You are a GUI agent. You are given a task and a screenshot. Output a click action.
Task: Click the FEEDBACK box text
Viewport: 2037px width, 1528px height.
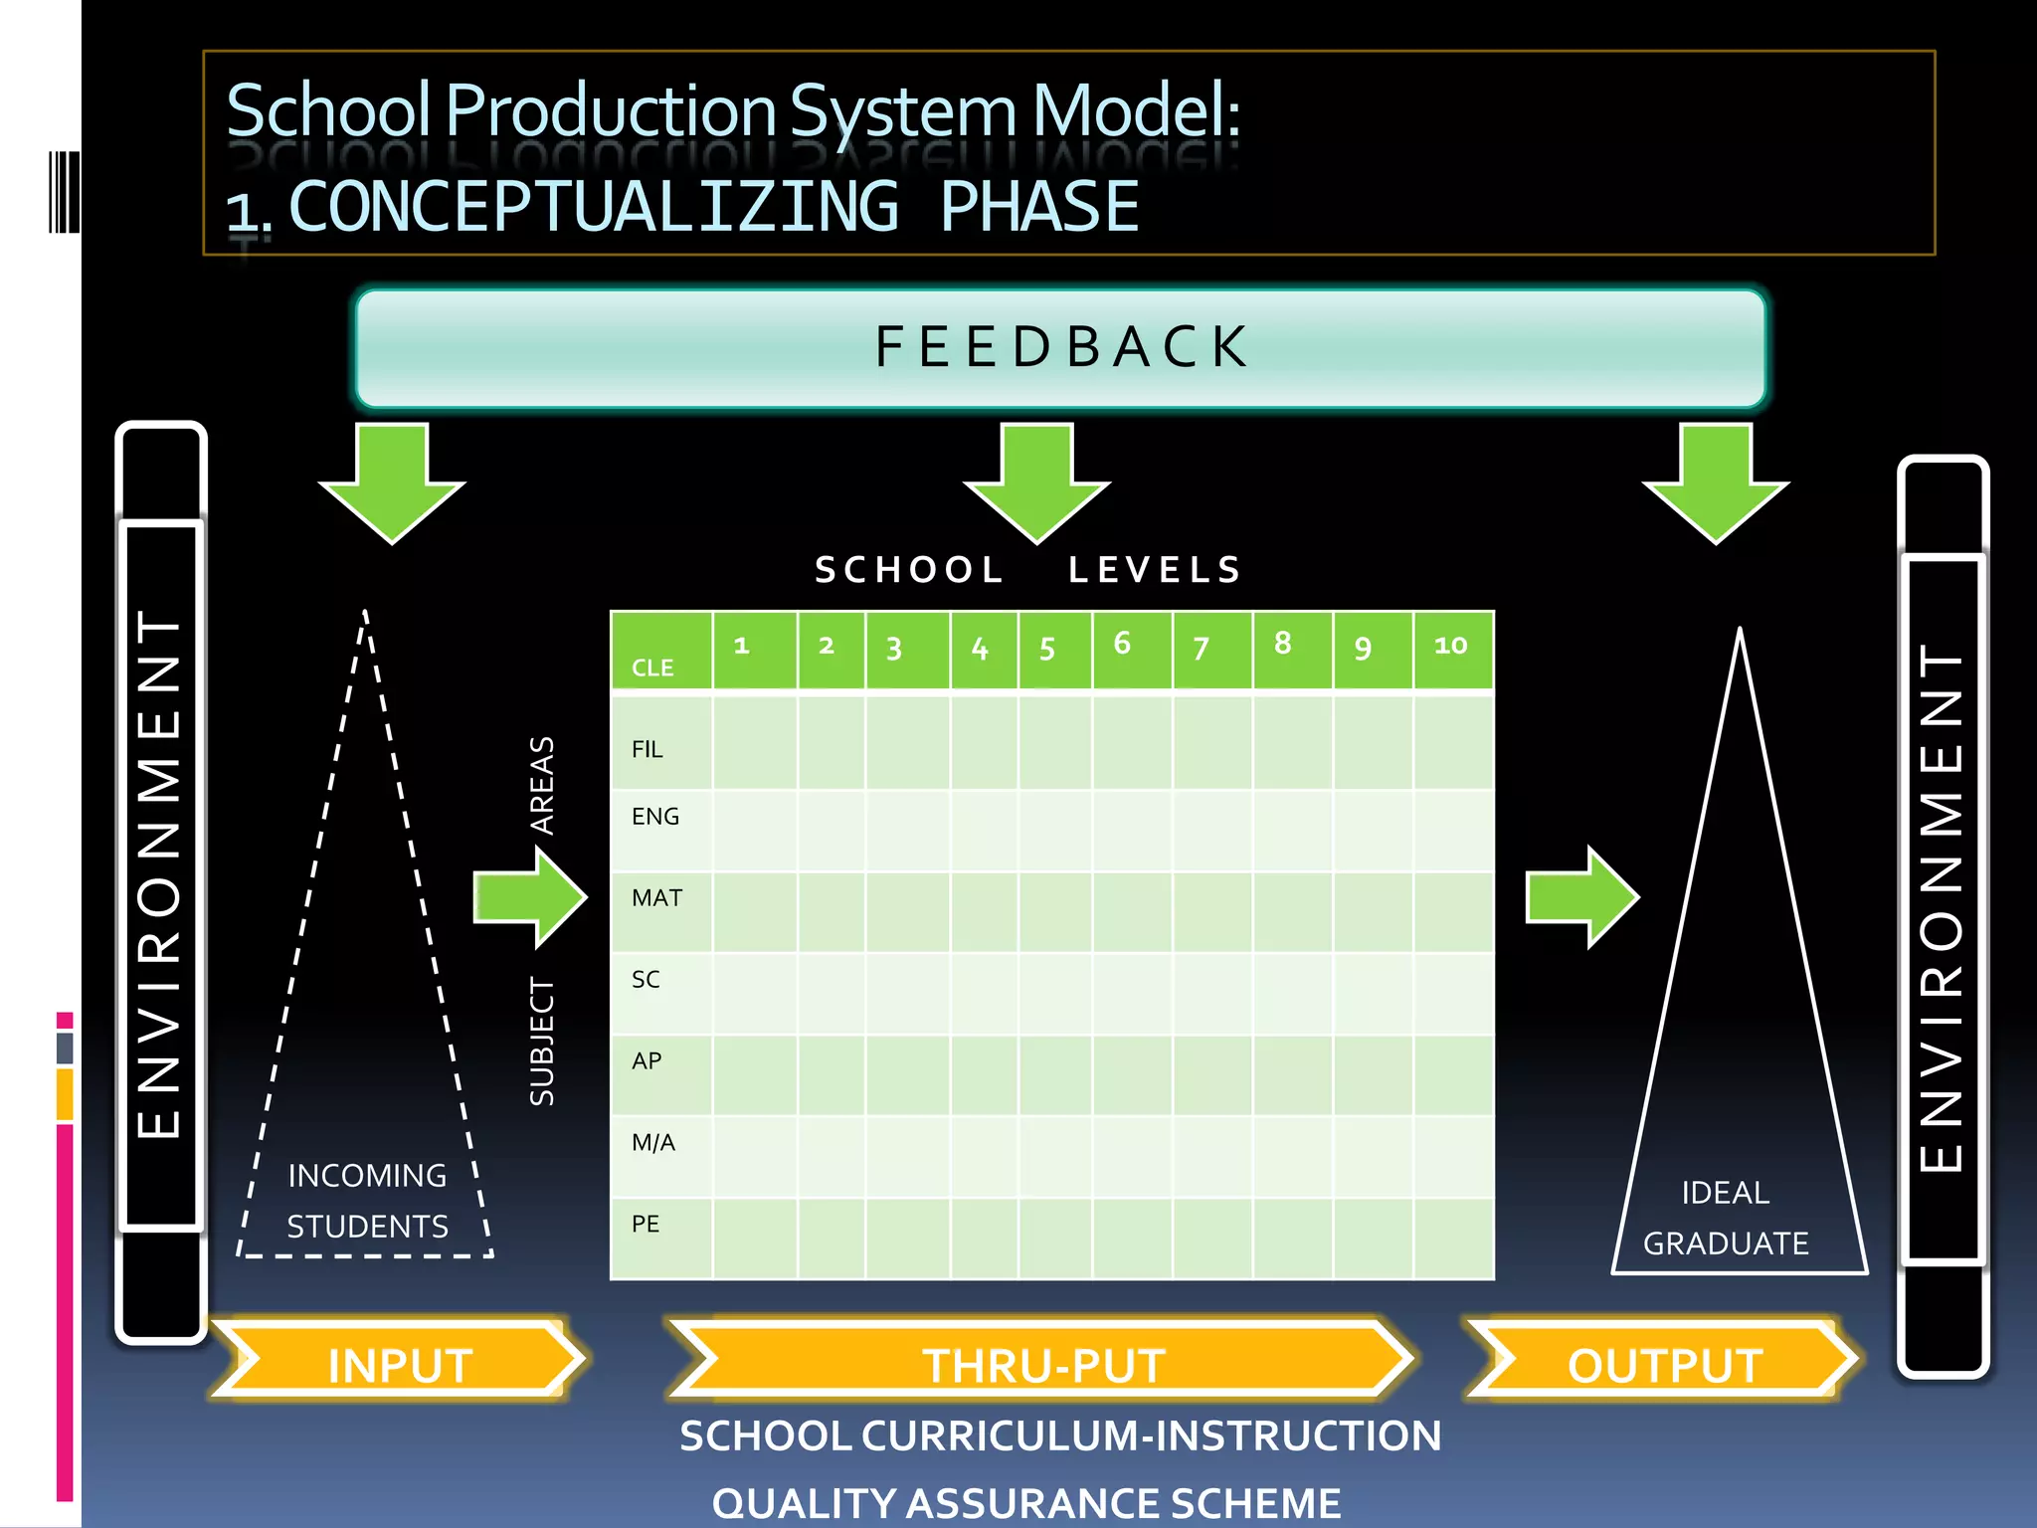pos(1060,347)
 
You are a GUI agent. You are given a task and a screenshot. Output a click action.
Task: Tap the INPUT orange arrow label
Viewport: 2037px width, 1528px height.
pos(400,1365)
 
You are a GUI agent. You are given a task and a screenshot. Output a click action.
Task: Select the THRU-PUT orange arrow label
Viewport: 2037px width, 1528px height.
pos(1042,1365)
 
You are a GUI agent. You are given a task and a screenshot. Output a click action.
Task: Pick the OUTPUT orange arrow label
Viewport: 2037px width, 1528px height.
pos(1664,1365)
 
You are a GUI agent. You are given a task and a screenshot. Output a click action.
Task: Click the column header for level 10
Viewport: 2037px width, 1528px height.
pos(1450,646)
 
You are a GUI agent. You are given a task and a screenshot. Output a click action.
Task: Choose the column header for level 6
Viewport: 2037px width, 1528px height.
pos(1122,644)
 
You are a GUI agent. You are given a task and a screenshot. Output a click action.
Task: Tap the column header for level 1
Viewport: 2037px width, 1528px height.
pos(741,646)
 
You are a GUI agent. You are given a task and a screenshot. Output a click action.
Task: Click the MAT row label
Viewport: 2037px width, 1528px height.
pos(656,898)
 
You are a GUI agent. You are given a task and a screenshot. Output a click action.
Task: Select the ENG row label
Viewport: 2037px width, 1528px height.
pos(655,817)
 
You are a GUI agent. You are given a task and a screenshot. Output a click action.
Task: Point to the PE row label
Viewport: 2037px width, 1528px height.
pos(646,1225)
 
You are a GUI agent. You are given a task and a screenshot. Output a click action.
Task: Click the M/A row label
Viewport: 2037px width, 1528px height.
pos(652,1143)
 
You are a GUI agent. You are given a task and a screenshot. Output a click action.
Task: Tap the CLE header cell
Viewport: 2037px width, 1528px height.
pos(652,668)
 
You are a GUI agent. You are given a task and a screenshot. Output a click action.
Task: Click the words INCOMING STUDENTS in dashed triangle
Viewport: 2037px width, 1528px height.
pos(367,1201)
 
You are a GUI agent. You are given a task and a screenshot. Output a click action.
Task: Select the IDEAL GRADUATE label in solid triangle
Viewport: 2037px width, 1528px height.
pos(1726,1218)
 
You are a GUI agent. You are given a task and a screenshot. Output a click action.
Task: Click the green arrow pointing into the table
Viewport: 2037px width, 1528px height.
pos(530,896)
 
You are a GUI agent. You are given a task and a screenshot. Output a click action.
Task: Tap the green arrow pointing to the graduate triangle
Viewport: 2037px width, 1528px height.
pos(1581,896)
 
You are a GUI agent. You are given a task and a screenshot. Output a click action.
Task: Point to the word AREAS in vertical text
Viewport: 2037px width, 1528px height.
pos(541,785)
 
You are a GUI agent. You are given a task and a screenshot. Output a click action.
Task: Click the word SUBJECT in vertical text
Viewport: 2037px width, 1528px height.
pos(541,1042)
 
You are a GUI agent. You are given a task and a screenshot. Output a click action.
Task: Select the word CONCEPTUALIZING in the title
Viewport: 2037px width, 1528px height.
pos(594,207)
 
